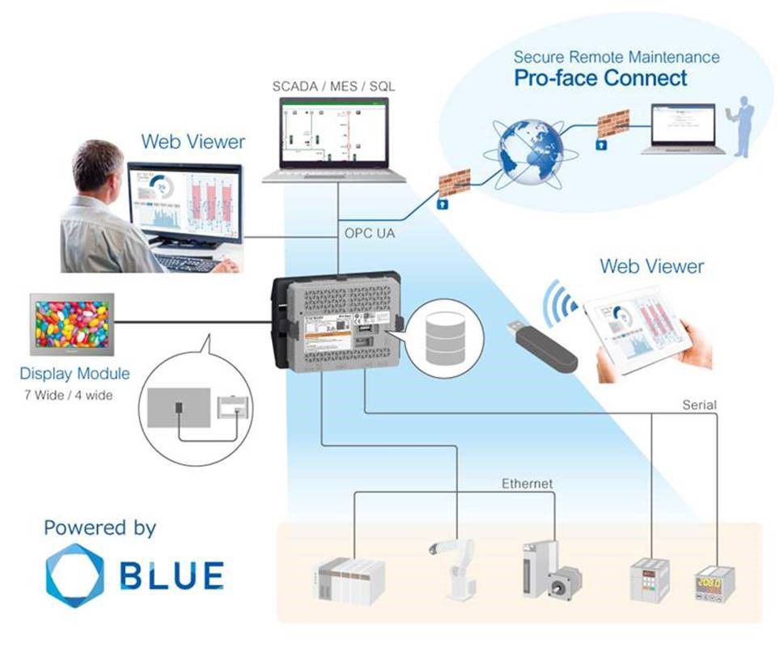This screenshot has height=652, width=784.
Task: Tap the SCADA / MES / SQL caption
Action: click(333, 86)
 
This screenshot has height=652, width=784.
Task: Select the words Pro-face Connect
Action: click(600, 78)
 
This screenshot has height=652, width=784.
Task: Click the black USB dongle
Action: click(541, 347)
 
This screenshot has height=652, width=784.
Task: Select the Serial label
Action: click(699, 404)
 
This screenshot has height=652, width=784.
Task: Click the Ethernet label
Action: click(527, 484)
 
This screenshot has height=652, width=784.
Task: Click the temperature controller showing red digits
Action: click(714, 581)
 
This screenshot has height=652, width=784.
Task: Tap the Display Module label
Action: click(74, 375)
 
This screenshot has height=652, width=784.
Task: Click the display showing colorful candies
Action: click(72, 324)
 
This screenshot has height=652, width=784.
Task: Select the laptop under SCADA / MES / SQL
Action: click(333, 138)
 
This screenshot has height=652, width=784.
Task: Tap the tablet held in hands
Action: click(638, 334)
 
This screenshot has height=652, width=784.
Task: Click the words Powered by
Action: click(100, 528)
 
